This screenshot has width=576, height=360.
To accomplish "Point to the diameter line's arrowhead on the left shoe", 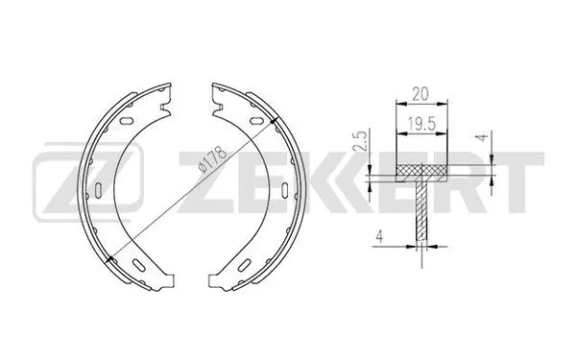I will (112, 254).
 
